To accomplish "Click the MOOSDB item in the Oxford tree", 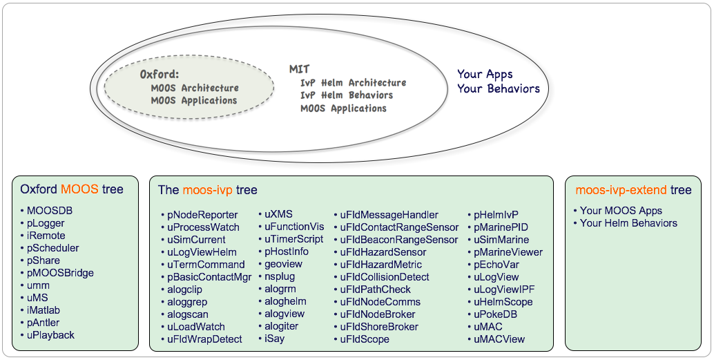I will pos(50,211).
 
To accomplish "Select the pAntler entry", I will pos(44,323).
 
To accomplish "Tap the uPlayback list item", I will pos(50,335).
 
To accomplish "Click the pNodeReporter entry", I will pos(202,215).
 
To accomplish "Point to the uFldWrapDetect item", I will pos(204,339).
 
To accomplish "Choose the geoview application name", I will pos(283,264).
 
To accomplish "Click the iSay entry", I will pos(274,339).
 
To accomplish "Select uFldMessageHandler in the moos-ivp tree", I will pos(389,215).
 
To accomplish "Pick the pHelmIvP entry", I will pos(496,215).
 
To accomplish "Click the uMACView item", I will pos(499,339).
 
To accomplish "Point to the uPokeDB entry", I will pos(495,314).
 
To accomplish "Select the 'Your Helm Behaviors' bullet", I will pos(628,223).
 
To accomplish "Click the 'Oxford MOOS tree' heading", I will pos(72,189).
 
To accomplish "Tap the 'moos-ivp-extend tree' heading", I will pos(633,190).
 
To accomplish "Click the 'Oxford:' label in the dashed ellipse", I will pos(160,74).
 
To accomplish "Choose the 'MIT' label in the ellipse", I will pos(299,69).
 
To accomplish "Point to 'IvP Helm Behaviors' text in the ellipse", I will pos(347,95).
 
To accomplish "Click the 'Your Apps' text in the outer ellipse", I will pos(485,74).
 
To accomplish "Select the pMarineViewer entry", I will pos(508,252).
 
